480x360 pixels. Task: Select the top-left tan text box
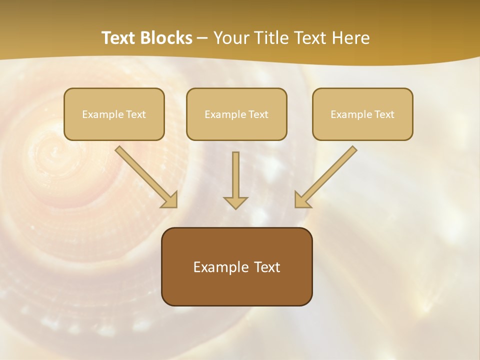tap(114, 114)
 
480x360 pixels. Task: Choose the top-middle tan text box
tap(236, 114)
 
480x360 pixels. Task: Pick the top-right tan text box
tap(362, 114)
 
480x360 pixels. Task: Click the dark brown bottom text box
tap(236, 266)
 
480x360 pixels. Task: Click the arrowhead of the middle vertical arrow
tap(235, 202)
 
